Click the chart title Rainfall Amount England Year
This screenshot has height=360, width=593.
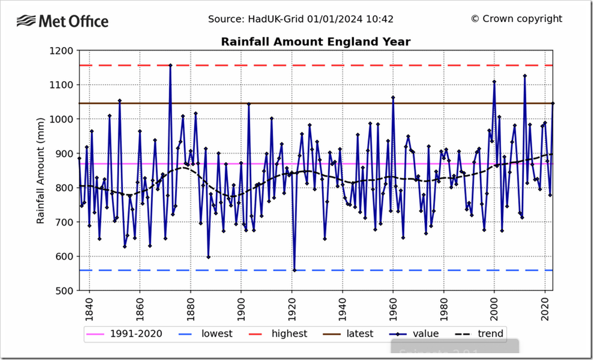[x=315, y=41]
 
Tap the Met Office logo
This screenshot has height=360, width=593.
[x=62, y=22]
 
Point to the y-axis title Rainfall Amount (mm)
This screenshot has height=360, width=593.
[x=40, y=170]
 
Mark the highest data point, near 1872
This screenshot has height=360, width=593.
[x=170, y=65]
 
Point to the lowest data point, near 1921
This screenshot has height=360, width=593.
[x=294, y=270]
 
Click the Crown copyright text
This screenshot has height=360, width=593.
[x=516, y=19]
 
